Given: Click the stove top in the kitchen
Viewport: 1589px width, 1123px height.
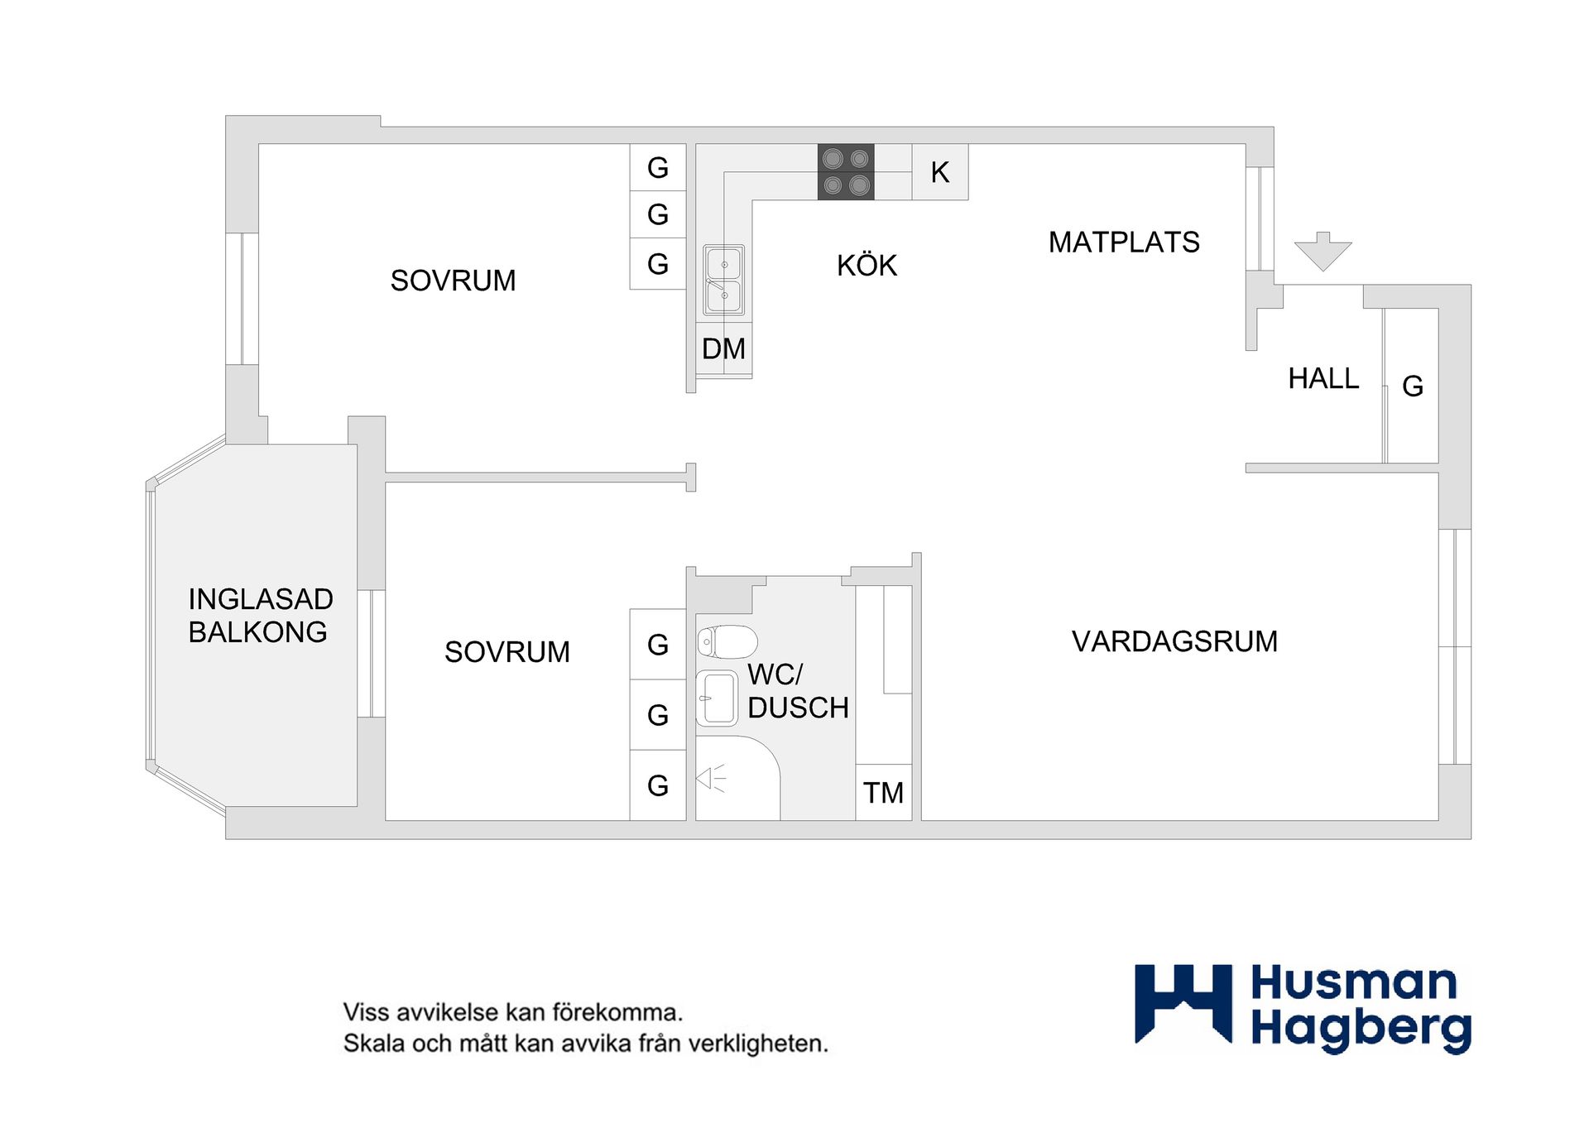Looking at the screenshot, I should tap(845, 172).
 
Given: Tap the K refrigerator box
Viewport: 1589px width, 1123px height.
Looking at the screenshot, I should tap(939, 172).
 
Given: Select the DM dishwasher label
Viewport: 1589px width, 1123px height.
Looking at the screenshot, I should tap(723, 349).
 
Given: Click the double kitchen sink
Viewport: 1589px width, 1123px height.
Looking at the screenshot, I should tap(723, 280).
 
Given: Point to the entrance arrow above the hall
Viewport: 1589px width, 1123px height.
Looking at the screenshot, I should tap(1323, 251).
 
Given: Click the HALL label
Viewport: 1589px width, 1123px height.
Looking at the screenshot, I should tap(1323, 379).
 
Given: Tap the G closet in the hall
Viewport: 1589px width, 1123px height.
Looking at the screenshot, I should tap(1412, 386).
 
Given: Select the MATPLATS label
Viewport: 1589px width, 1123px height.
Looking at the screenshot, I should tap(1123, 242).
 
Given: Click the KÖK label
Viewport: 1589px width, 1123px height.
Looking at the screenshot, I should tap(867, 266).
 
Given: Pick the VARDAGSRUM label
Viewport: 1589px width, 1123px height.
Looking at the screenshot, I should tap(1174, 641).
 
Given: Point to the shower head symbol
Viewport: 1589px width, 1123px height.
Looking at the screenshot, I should tap(710, 779).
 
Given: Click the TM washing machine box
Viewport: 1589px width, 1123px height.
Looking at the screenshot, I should tap(883, 793).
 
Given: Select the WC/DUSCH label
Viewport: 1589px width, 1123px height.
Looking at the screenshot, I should tap(797, 691).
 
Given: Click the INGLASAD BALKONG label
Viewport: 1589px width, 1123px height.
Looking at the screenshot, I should tap(260, 615).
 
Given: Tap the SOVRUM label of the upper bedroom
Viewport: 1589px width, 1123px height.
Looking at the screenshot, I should tap(453, 281).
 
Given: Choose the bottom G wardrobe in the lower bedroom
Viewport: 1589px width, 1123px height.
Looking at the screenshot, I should tap(657, 785).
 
